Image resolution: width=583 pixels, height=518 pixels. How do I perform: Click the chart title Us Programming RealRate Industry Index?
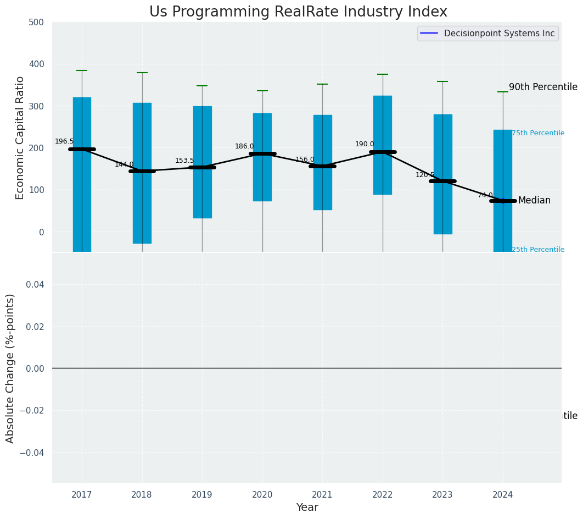[x=298, y=12]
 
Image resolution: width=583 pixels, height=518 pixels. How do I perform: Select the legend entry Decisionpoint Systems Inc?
[x=499, y=34]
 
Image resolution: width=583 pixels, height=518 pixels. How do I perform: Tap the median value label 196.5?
[x=64, y=141]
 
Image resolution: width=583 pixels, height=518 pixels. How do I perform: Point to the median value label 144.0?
[x=124, y=164]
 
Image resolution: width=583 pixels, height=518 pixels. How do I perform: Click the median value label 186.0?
[x=244, y=146]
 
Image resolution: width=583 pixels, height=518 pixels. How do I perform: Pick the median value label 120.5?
[x=425, y=175]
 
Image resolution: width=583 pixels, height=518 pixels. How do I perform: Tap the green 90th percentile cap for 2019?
[x=202, y=86]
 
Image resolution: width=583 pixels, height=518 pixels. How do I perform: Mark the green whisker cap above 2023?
[x=442, y=81]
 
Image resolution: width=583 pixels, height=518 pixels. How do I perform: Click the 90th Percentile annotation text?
[x=543, y=87]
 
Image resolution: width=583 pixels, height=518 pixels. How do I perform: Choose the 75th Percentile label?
[x=538, y=133]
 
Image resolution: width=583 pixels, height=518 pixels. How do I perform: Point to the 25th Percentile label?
[x=538, y=250]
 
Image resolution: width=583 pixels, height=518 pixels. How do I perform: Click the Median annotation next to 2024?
[x=534, y=200]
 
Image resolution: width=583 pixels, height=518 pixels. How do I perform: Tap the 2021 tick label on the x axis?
[x=322, y=495]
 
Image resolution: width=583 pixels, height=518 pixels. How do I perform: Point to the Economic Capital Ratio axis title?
[x=20, y=137]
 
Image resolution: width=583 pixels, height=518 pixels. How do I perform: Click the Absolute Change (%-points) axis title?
[x=10, y=368]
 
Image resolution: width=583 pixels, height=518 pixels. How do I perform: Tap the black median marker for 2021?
[x=322, y=166]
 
